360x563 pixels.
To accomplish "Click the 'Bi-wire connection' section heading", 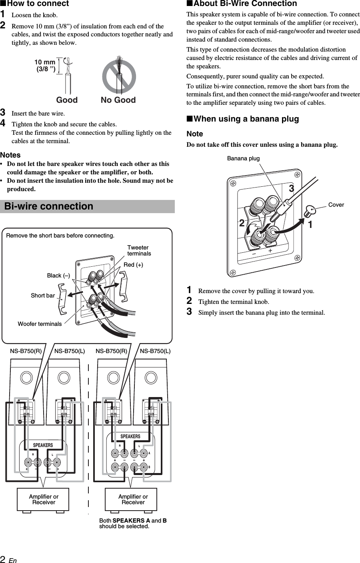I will (x=48, y=206).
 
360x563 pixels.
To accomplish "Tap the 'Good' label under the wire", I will (x=67, y=100).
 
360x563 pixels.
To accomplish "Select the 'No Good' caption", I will (x=118, y=100).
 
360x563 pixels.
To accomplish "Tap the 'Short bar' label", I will (x=43, y=295).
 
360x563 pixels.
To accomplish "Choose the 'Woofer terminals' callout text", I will (x=40, y=324).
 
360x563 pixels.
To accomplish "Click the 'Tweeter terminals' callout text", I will (x=139, y=251).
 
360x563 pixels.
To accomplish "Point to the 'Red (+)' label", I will (x=133, y=265).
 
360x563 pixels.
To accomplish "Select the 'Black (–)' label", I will (x=58, y=276).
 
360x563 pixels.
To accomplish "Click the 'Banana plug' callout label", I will (x=243, y=158).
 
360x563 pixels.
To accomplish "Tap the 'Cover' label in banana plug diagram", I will (x=336, y=205).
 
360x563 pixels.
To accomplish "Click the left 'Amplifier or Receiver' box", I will (x=43, y=499).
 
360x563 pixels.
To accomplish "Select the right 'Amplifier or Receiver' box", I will (x=133, y=499).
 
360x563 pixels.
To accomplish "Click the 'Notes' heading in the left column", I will (x=10, y=155).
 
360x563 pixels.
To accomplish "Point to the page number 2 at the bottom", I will (x=3, y=559).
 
